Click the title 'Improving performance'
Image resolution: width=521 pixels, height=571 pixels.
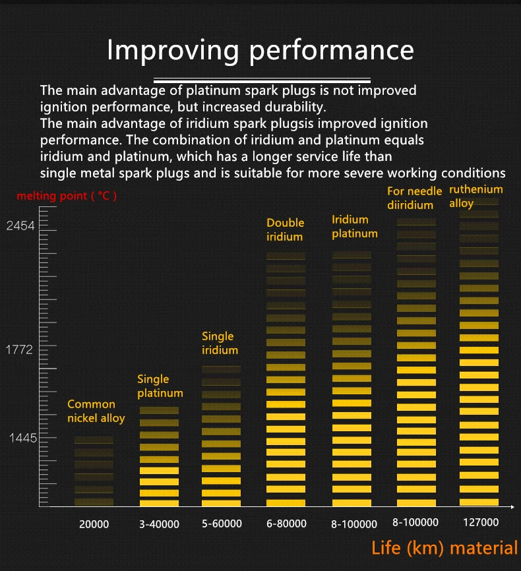point(260,50)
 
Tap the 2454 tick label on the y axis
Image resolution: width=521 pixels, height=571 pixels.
point(20,226)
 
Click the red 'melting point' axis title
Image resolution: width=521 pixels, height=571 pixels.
point(67,196)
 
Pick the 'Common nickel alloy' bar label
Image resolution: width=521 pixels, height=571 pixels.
point(96,411)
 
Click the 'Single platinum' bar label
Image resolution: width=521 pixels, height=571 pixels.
point(160,386)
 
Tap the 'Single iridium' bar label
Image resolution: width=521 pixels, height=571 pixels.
point(220,343)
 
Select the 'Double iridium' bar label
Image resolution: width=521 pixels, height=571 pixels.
point(286,229)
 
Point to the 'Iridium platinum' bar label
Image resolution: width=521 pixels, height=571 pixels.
point(354,226)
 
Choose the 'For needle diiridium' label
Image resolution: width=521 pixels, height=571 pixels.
point(414,198)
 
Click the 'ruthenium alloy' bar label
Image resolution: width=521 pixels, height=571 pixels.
point(475,196)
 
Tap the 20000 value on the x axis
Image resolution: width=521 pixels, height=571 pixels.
point(94,524)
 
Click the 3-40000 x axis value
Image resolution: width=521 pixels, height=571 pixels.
point(158,524)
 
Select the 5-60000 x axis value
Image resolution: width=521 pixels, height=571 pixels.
point(222,524)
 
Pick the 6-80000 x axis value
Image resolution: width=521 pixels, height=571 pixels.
point(286,524)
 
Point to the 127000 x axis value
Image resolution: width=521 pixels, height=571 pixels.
point(480,522)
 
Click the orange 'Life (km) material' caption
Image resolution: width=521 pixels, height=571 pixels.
point(444,548)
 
